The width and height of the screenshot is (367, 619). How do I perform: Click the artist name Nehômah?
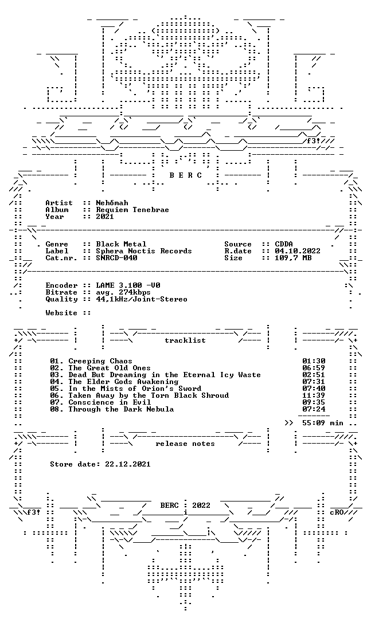coord(112,203)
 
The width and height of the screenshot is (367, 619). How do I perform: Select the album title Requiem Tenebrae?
coord(132,210)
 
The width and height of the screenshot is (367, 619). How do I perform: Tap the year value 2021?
coord(105,216)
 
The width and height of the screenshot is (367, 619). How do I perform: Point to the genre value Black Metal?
coord(121,244)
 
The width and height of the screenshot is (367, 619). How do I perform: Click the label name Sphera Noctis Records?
coord(144,251)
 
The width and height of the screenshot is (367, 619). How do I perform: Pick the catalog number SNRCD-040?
coord(116,258)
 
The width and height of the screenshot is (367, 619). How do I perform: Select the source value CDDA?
coord(284,244)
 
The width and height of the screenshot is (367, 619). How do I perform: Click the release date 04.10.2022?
coord(298,251)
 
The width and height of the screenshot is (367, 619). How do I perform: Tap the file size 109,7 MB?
coord(293,258)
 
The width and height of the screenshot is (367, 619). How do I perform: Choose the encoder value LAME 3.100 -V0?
coord(128,285)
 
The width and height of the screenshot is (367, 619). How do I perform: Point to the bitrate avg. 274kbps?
coord(123,292)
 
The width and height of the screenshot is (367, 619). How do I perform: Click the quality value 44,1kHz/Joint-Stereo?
coord(142,299)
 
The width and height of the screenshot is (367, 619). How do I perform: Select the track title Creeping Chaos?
coord(100,361)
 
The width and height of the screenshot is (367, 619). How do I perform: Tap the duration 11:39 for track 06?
coord(314,395)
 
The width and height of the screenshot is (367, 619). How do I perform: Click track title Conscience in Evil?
coord(110,402)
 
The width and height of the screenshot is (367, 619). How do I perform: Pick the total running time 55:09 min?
coord(320,423)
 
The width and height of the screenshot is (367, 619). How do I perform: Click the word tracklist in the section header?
coord(185,340)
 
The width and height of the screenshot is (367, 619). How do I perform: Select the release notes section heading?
coord(185,444)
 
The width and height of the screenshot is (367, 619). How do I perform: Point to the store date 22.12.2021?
coord(128,464)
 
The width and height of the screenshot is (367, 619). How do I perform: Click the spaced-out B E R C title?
coord(186,175)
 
